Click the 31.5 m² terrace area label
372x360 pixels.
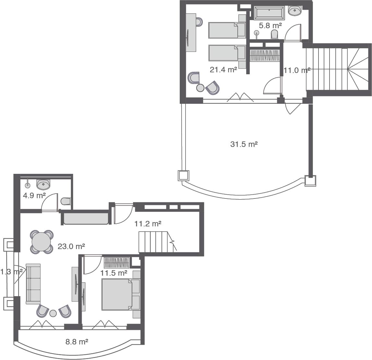click(244, 144)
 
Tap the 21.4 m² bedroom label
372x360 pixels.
click(223, 69)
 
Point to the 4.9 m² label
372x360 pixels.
click(34, 195)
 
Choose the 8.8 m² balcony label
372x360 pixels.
click(77, 342)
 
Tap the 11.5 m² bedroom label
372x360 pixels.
click(114, 273)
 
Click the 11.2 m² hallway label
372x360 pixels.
click(148, 224)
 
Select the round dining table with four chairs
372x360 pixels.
click(41, 242)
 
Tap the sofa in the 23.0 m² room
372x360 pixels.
click(33, 284)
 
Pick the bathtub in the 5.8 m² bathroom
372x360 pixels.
click(269, 13)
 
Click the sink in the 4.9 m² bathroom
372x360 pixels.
click(43, 184)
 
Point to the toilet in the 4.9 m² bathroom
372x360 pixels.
click(66, 201)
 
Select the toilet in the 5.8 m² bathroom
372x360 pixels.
click(275, 34)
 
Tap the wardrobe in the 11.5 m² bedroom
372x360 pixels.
click(116, 262)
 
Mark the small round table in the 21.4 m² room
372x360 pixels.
click(200, 88)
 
